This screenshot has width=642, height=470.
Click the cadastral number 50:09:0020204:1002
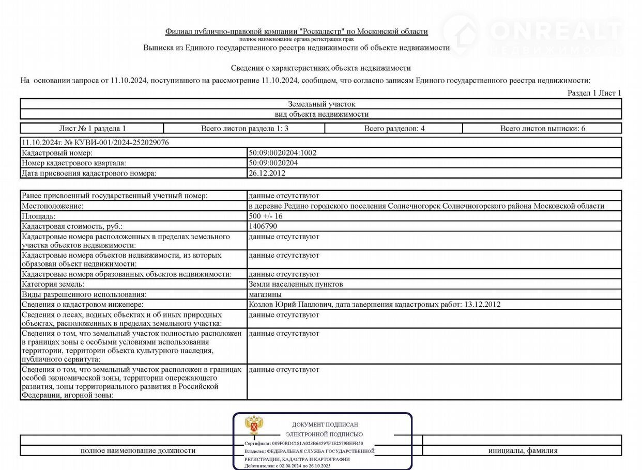pyautogui.click(x=282, y=153)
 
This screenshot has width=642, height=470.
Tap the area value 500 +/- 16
pyautogui.click(x=265, y=216)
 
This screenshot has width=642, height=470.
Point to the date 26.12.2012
pyautogui.click(x=267, y=173)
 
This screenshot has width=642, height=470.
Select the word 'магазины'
pyautogui.click(x=265, y=294)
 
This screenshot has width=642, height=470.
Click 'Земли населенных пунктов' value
pyautogui.click(x=296, y=284)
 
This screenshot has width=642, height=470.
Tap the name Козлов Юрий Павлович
pyautogui.click(x=290, y=305)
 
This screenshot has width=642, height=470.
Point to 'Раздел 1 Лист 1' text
pyautogui.click(x=594, y=93)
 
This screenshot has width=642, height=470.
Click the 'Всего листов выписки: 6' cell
pyautogui.click(x=542, y=129)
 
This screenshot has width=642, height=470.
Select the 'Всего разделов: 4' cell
pyautogui.click(x=394, y=129)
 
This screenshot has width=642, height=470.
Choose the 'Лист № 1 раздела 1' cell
pyautogui.click(x=93, y=129)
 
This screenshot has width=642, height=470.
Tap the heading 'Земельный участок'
pyautogui.click(x=322, y=104)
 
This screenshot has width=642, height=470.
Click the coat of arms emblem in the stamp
pyautogui.click(x=253, y=425)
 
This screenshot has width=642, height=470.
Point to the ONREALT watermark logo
pyautogui.click(x=532, y=34)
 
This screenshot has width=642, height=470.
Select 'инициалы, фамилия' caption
pyautogui.click(x=523, y=451)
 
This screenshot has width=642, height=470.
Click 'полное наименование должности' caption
pyautogui.click(x=138, y=451)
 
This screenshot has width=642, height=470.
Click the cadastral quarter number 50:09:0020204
pyautogui.click(x=273, y=163)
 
